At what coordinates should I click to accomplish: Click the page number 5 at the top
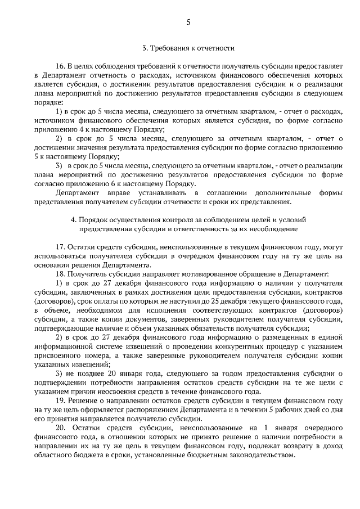pos(188,23)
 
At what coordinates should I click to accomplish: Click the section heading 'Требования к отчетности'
pos(192,48)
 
